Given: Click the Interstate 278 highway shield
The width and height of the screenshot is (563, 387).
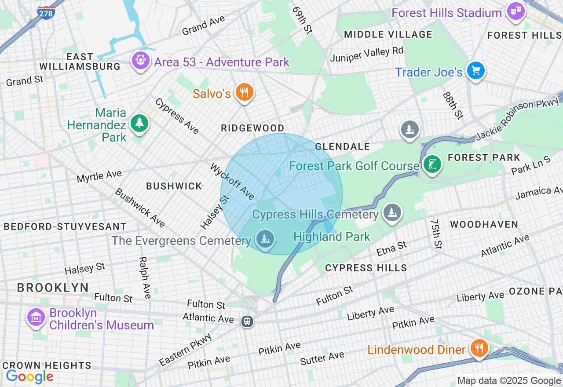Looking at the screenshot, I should click(x=46, y=12).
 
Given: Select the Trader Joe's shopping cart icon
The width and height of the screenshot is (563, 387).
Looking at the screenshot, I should click(x=475, y=71).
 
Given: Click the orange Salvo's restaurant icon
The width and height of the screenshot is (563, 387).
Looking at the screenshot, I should click(x=243, y=92).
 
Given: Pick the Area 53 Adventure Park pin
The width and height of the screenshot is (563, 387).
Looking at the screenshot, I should click(x=141, y=60).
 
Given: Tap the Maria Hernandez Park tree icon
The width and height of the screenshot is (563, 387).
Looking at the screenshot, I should click(x=139, y=123).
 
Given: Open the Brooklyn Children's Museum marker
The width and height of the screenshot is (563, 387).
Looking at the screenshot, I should click(x=36, y=317).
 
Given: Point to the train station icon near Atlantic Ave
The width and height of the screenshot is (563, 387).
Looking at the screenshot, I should click(x=247, y=321).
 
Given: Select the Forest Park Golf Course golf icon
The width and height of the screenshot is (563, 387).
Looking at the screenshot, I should click(x=432, y=164).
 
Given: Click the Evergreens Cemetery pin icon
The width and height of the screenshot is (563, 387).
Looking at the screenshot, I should click(x=265, y=240).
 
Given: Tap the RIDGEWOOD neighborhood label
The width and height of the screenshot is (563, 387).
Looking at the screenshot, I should click(x=252, y=128).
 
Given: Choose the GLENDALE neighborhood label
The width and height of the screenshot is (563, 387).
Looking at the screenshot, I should click(x=342, y=146).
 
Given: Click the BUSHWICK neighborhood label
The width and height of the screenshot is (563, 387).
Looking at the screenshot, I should click(x=174, y=186).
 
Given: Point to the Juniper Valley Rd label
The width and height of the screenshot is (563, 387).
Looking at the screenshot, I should click(x=366, y=55).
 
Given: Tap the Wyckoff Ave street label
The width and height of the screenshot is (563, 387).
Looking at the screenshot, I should click(x=232, y=181).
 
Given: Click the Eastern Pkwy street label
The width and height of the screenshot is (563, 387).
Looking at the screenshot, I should click(x=186, y=350).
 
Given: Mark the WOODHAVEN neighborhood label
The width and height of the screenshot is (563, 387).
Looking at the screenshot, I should click(x=484, y=224).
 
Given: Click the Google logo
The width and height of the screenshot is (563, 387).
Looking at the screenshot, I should click(x=29, y=376).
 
